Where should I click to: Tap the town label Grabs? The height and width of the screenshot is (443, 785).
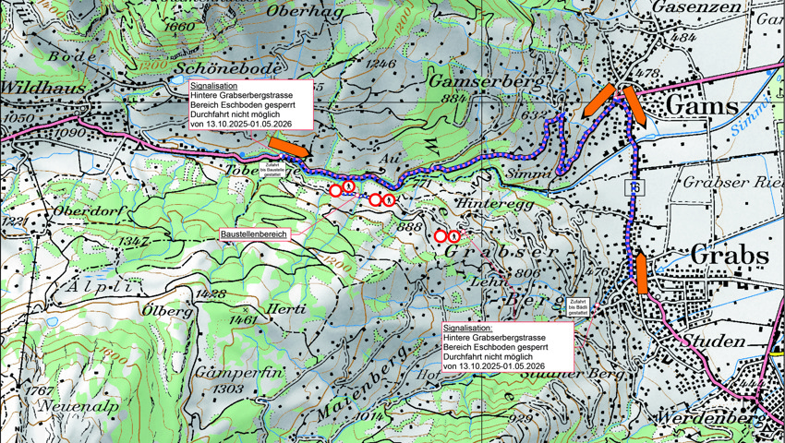point(730,254)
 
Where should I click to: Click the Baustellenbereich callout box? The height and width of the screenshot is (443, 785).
point(254,235)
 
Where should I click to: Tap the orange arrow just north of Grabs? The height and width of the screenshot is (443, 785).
point(641,272)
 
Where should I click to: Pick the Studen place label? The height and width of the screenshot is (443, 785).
point(715,342)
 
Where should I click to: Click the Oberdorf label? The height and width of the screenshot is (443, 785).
point(63,210)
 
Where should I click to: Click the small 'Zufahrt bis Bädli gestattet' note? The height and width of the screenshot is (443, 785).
point(577,306)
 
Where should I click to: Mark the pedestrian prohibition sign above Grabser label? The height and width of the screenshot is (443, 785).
point(454,237)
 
